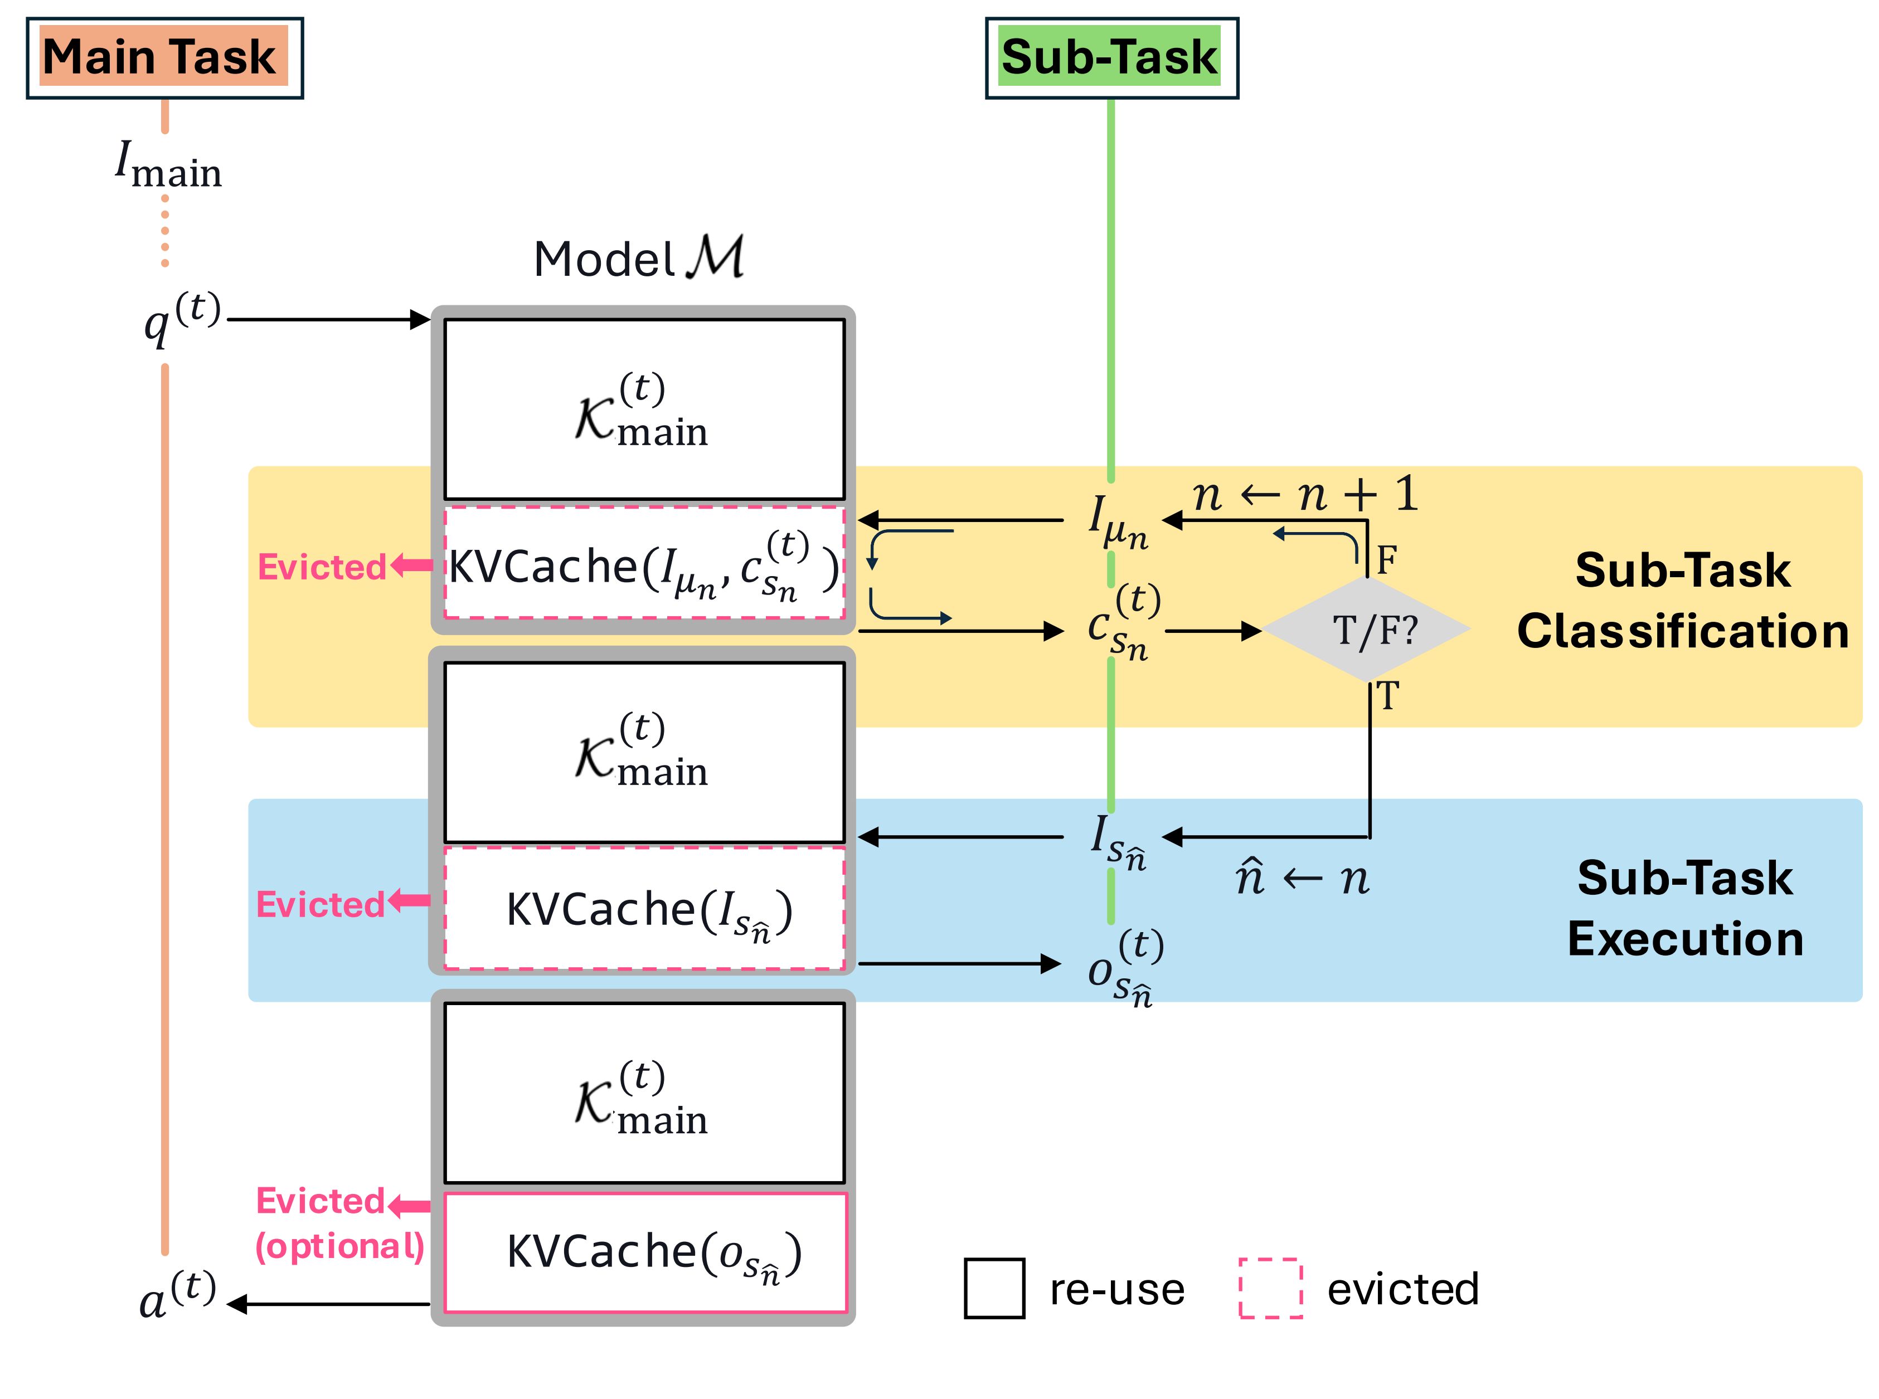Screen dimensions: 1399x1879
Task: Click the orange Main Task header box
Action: [x=164, y=57]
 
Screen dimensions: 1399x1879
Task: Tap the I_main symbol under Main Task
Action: [x=168, y=164]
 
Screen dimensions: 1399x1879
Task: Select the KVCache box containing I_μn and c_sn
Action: [x=644, y=564]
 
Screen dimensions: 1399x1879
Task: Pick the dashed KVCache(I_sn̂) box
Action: [x=644, y=909]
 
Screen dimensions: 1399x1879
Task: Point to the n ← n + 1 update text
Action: [x=1305, y=494]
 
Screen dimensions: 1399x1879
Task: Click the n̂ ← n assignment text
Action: [x=1302, y=878]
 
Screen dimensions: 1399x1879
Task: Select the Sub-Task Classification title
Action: [x=1682, y=599]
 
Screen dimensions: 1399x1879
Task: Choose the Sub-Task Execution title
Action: [x=1684, y=908]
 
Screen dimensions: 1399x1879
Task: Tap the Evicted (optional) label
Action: [x=339, y=1223]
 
